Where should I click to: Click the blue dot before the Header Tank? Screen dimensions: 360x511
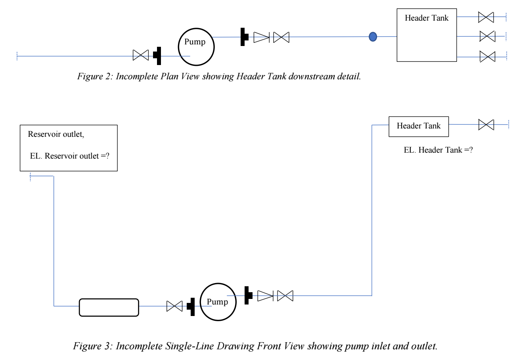[x=373, y=37]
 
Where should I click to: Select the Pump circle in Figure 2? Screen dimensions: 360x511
[x=196, y=47]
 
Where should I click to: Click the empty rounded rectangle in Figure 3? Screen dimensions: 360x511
[x=109, y=307]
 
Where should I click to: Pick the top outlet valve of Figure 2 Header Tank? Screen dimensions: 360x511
[x=486, y=17]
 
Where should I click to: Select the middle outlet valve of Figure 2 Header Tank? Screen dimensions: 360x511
[x=487, y=36]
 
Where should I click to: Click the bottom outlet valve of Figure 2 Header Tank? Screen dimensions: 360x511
[x=487, y=57]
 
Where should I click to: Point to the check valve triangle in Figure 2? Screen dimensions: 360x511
[x=261, y=37]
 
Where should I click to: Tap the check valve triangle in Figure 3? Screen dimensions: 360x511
[x=265, y=295]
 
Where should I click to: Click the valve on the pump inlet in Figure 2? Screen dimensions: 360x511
[x=140, y=55]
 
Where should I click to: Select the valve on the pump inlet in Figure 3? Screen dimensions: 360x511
[x=174, y=306]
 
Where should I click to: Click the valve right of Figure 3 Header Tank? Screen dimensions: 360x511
[x=486, y=125]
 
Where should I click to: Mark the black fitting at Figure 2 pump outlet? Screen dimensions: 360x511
[x=244, y=37]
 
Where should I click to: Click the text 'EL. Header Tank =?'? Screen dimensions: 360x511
[x=437, y=150]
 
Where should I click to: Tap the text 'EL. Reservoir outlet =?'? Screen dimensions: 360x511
[x=70, y=156]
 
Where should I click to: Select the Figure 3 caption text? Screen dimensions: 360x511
[x=255, y=347]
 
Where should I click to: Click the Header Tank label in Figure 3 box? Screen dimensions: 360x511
[x=419, y=126]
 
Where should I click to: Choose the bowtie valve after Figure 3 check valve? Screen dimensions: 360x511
[x=285, y=295]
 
